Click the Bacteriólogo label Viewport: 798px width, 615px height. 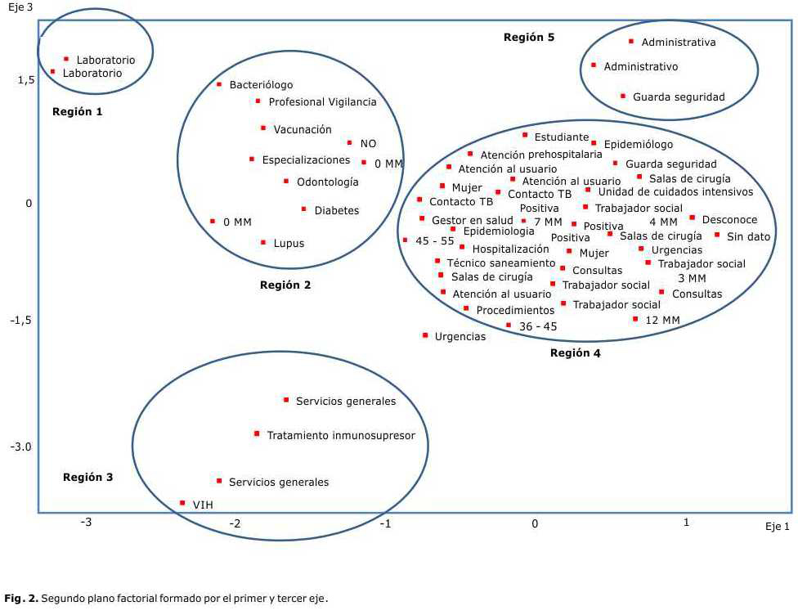point(261,85)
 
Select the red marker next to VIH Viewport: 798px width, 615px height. point(182,503)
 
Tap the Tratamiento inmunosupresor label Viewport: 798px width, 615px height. point(341,436)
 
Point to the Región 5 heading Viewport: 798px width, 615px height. point(529,38)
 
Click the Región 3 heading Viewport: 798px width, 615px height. point(87,478)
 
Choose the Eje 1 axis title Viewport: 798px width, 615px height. point(778,527)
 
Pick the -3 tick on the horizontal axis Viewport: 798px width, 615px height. point(86,523)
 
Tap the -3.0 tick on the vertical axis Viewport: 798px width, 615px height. point(21,447)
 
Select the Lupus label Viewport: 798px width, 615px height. point(289,244)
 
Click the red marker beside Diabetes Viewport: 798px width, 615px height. point(304,209)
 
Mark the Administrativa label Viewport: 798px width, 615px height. point(678,43)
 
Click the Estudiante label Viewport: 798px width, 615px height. point(561,137)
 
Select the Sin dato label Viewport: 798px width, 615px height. point(748,237)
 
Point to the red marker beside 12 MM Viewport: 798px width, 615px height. point(635,319)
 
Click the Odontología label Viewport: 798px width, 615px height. point(327,182)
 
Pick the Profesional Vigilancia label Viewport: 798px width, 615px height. point(322,102)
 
